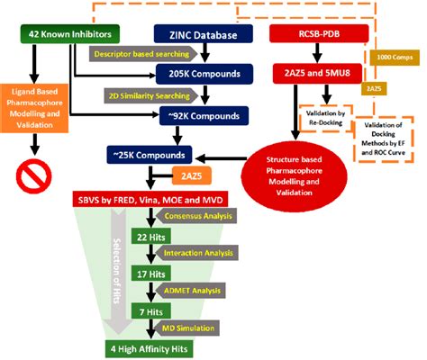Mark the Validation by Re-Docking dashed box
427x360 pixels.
coord(324,117)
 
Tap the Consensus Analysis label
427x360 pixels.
coord(192,217)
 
